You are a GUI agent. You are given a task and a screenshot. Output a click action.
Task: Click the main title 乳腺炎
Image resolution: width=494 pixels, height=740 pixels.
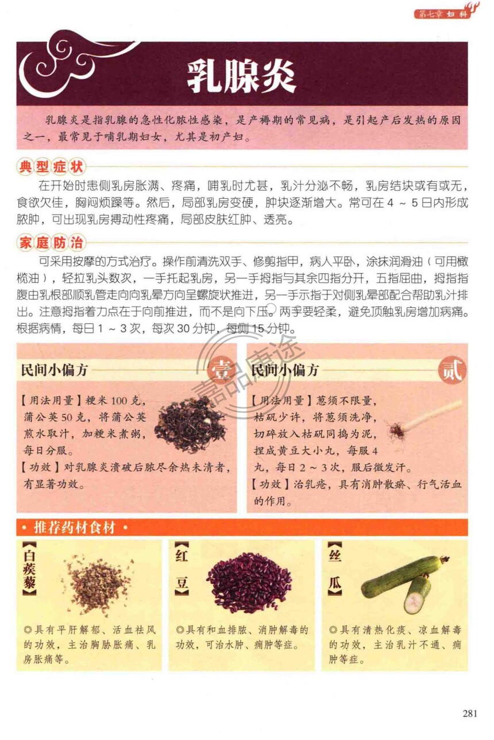pyautogui.click(x=241, y=77)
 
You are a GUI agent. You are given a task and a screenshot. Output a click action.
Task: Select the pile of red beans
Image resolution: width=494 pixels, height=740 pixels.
pyautogui.click(x=250, y=584)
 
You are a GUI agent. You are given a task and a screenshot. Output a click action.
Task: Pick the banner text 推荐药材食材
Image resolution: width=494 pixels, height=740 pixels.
pyautogui.click(x=74, y=528)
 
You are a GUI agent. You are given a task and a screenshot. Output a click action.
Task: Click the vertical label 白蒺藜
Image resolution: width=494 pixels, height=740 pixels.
pyautogui.click(x=29, y=569)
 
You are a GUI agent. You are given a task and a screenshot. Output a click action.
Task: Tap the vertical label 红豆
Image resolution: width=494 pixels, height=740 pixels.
pyautogui.click(x=182, y=569)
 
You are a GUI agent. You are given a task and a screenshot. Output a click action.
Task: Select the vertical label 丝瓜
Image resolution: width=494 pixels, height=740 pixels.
pyautogui.click(x=335, y=569)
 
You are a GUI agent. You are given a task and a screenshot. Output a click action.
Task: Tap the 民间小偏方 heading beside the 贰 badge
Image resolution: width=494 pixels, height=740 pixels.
pyautogui.click(x=285, y=370)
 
